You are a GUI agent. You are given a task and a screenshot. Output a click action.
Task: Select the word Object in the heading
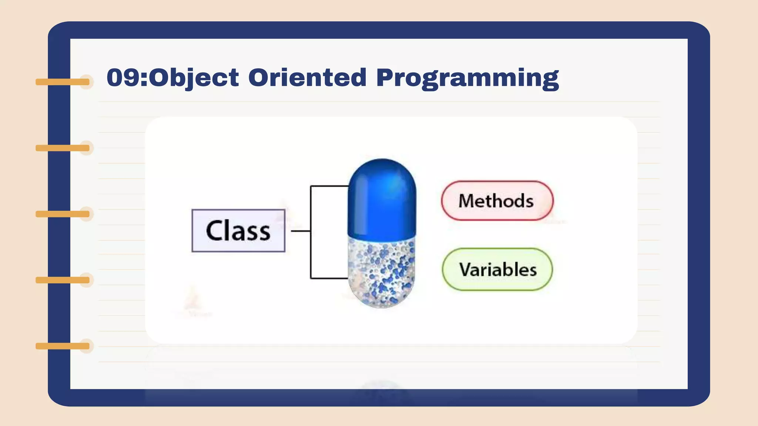194,79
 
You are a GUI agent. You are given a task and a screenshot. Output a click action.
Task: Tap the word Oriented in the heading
307,77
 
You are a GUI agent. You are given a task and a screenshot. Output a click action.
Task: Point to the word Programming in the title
467,79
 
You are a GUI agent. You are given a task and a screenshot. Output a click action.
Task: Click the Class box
238,231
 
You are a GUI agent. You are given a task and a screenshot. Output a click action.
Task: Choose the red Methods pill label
497,201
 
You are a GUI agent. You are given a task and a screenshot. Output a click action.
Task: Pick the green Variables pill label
497,269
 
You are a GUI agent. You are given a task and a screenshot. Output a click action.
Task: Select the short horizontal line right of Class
301,231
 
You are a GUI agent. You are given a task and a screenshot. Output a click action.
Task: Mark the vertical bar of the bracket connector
311,232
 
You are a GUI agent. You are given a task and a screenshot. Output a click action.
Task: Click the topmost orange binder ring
63,82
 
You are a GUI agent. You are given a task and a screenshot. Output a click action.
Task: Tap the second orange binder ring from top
63,148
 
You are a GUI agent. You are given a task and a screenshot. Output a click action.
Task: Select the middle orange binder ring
63,214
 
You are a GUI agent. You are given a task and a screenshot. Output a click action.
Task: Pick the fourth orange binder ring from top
63,280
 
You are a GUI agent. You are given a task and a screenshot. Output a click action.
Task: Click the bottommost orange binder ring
63,346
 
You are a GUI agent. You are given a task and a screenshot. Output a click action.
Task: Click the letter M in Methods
467,201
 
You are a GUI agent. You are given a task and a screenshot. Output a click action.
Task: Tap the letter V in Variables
467,269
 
